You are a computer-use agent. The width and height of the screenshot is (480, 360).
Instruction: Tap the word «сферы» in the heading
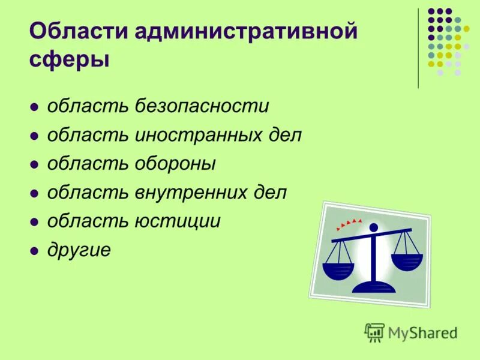pos(70,60)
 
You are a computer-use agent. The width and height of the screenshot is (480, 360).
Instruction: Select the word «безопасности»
pos(202,107)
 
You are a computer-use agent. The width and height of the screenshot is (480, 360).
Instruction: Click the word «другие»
pos(79,250)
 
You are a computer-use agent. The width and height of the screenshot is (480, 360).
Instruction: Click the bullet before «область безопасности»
pos(35,108)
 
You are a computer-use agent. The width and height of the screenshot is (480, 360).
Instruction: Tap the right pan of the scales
pos(407,260)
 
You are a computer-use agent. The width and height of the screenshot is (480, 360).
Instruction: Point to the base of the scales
pos(375,287)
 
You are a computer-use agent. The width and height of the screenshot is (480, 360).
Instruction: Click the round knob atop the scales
pos(374,227)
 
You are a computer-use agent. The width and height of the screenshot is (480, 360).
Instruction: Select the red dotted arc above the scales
pos(349,224)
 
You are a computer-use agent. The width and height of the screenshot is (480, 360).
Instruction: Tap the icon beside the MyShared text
pos(374,332)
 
